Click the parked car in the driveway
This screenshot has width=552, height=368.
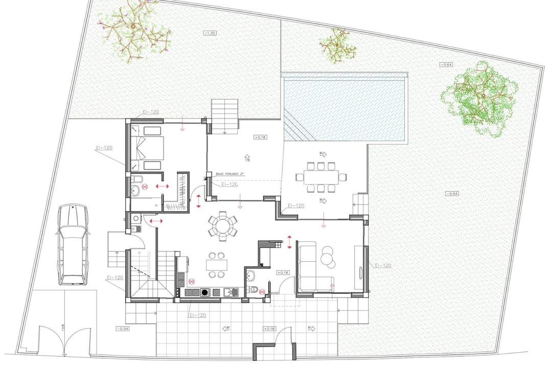pos(72,244)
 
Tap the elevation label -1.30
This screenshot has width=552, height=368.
pos(210,33)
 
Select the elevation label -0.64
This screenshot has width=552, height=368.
pos(447,65)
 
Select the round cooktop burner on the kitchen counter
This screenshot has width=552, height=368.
pos(205,292)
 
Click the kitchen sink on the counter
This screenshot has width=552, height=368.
pos(230,292)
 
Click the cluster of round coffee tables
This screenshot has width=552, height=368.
pos(327,256)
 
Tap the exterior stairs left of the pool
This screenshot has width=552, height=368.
pos(225,116)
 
